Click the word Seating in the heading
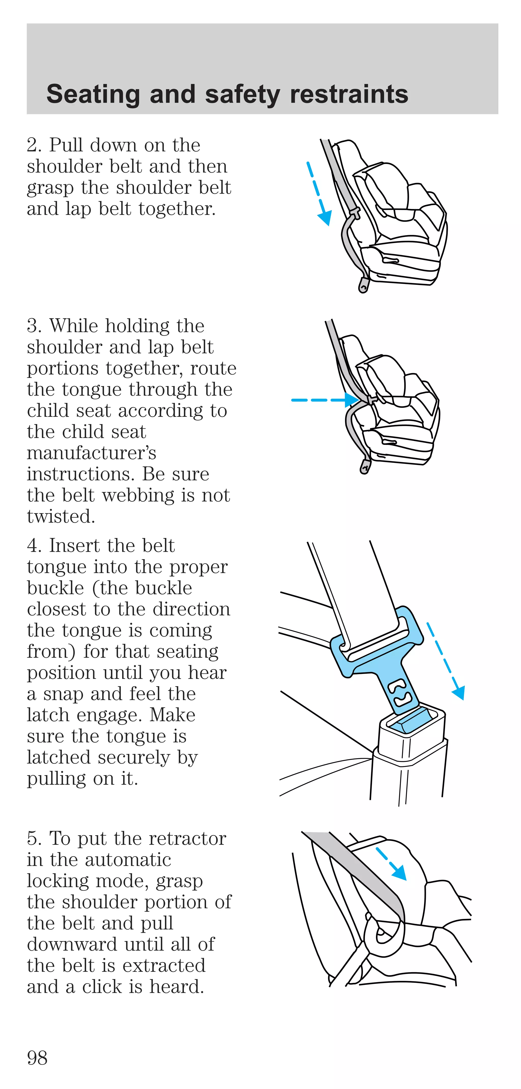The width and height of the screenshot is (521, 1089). (93, 94)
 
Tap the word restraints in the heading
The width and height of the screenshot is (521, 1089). (349, 94)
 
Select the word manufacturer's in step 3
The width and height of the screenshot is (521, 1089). (91, 453)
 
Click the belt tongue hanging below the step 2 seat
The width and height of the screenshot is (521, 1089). (363, 285)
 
